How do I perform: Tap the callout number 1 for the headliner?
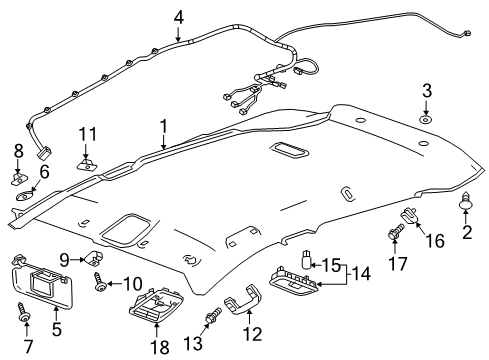point(162,127)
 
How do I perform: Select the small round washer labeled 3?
point(427,119)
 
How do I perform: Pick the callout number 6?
point(44,172)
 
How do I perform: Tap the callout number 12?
point(255,331)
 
